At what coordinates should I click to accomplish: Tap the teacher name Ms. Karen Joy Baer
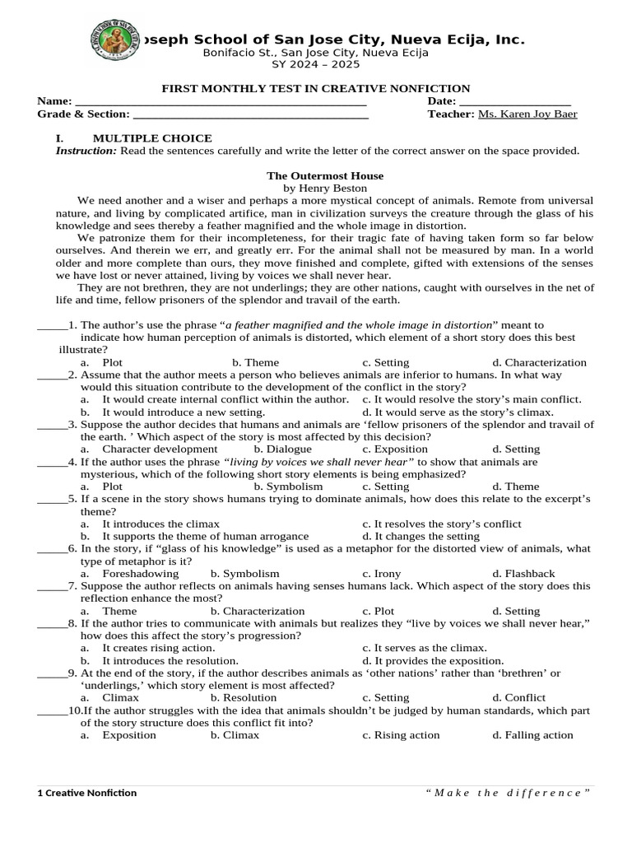pos(527,114)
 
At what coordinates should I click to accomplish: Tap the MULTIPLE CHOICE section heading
pos(152,138)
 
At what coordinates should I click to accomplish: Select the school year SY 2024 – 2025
pos(317,66)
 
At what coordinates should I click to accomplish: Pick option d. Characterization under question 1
pos(539,362)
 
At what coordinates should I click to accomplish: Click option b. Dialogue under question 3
pos(282,449)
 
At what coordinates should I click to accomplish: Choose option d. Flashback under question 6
pos(523,574)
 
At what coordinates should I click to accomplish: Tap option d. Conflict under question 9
pos(518,698)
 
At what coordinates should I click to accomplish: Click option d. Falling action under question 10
pos(532,735)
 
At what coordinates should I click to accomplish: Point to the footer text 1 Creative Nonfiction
pos(87,793)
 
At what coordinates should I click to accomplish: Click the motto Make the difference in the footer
pos(509,793)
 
